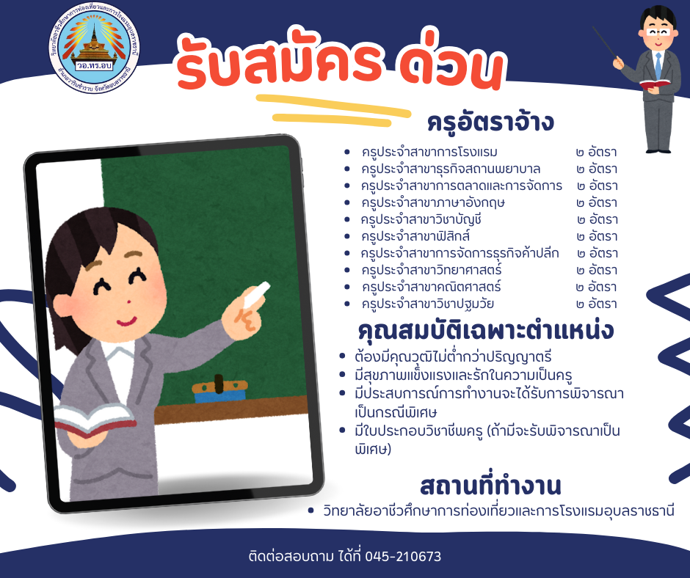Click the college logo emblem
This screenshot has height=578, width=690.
pyautogui.click(x=94, y=48)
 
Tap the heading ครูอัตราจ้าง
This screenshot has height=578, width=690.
pyautogui.click(x=490, y=122)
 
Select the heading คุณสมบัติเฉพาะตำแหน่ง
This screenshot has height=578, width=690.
pyautogui.click(x=486, y=331)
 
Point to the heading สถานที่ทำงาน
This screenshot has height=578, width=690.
pyautogui.click(x=490, y=486)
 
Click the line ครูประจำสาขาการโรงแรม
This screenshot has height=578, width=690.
pyautogui.click(x=429, y=153)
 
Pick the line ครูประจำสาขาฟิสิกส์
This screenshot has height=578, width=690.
pyautogui.click(x=415, y=237)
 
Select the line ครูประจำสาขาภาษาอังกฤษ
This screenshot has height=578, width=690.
pyautogui.click(x=433, y=202)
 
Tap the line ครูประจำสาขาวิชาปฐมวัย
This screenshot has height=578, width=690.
pyautogui.click(x=428, y=304)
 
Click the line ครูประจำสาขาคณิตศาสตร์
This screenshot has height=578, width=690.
pyautogui.click(x=432, y=288)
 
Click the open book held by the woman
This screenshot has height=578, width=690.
pyautogui.click(x=95, y=420)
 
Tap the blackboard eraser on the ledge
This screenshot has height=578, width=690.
pyautogui.click(x=219, y=391)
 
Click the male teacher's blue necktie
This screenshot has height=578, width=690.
pyautogui.click(x=658, y=65)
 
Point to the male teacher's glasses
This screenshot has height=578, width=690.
pyautogui.click(x=658, y=32)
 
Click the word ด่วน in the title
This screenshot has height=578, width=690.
pyautogui.click(x=452, y=66)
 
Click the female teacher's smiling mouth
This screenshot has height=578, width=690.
pyautogui.click(x=126, y=321)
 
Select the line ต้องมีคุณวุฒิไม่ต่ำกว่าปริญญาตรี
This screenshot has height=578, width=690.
pyautogui.click(x=453, y=356)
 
